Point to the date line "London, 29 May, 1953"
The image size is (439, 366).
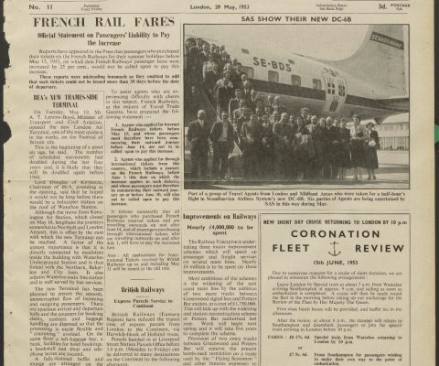[x=219, y=7]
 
